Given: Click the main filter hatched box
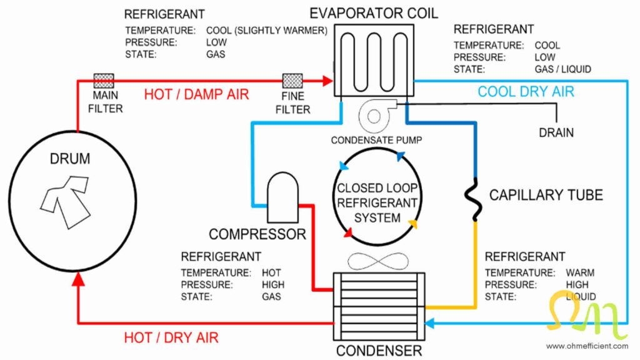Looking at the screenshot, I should tap(104, 80).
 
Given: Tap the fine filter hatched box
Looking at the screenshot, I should tap(292, 81).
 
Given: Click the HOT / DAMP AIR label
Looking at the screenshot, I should tap(196, 95).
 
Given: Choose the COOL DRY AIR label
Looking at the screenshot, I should tap(526, 92).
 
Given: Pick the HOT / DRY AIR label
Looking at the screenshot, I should tap(171, 337).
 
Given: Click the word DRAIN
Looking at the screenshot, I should tap(556, 132).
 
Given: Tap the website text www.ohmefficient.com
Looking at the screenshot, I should tap(586, 346).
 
